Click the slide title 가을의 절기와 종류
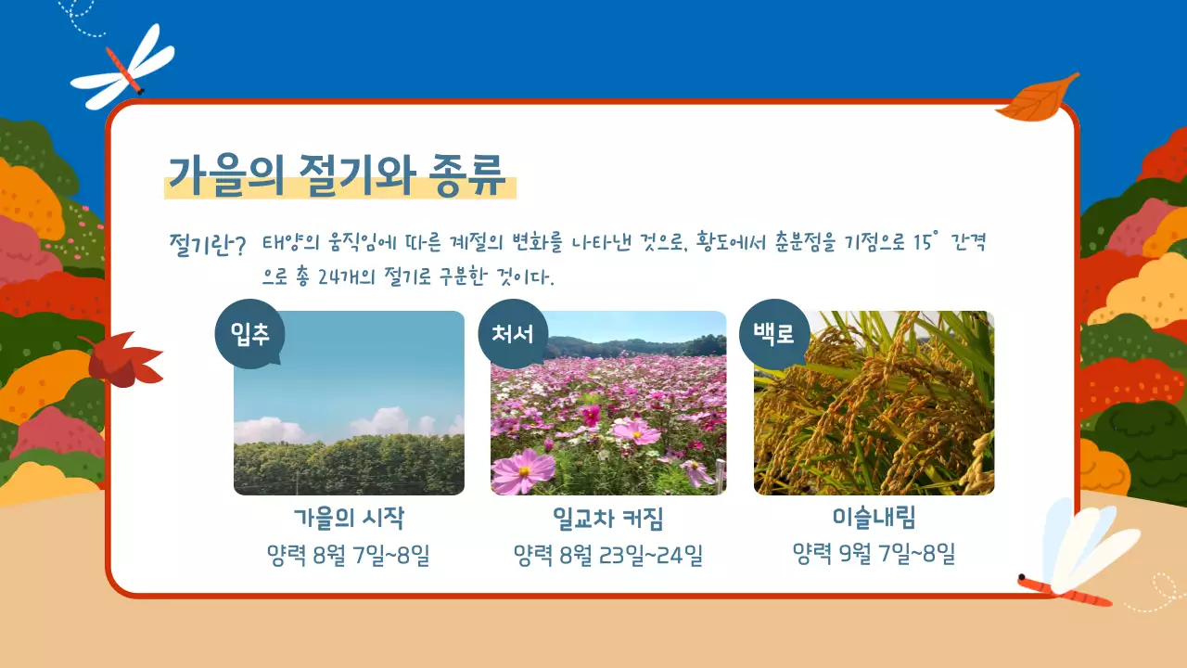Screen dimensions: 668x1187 (x=336, y=173)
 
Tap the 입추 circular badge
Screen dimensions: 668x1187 (x=250, y=334)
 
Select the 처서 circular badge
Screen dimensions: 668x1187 (x=513, y=334)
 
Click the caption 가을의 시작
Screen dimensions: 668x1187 (x=349, y=518)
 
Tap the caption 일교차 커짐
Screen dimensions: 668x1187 (x=608, y=518)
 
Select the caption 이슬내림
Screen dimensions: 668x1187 (x=874, y=518)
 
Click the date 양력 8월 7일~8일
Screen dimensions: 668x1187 (x=349, y=556)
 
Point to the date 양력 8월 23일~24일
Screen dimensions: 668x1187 (x=608, y=556)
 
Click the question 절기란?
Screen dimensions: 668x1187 (x=208, y=246)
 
